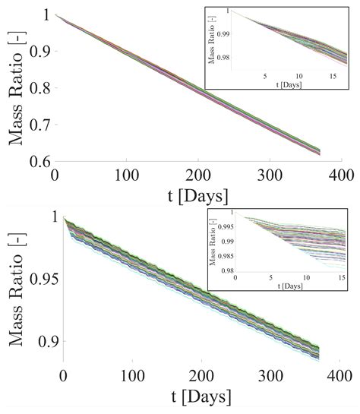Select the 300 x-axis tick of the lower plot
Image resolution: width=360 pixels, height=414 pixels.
click(265, 376)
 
